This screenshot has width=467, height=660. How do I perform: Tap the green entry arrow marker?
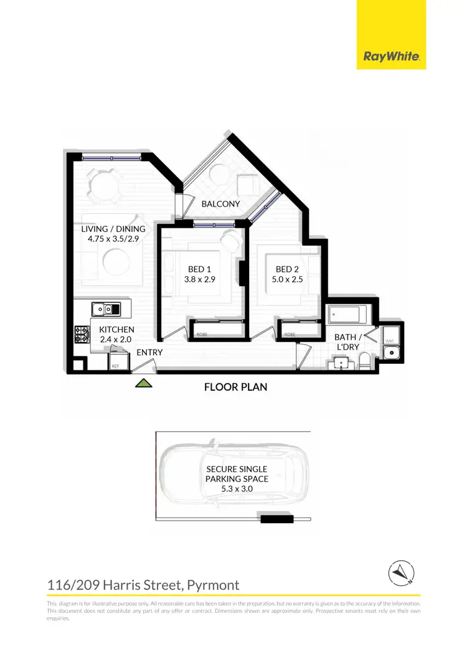(144, 384)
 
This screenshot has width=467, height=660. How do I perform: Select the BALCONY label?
(220, 204)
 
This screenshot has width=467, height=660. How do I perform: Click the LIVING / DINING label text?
(113, 228)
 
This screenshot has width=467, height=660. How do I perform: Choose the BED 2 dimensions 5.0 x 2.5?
(288, 280)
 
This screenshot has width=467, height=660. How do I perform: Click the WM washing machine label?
(390, 341)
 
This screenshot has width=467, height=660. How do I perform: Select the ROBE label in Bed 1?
(202, 335)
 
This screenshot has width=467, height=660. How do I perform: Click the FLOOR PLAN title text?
(236, 387)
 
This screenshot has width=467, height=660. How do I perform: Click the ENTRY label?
(149, 352)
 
